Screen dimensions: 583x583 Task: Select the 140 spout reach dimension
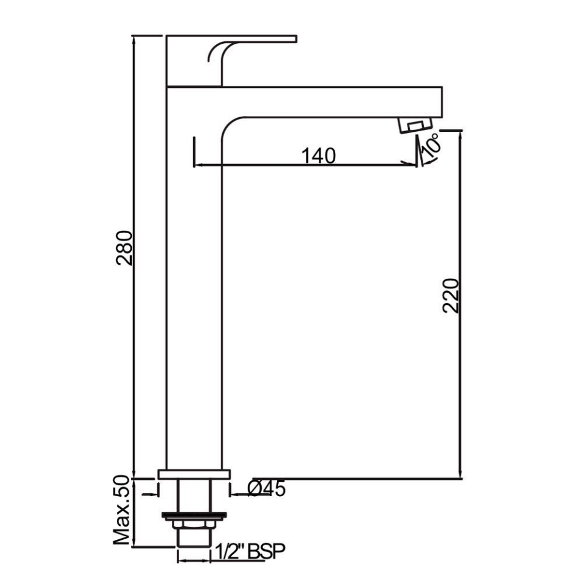[x=318, y=156]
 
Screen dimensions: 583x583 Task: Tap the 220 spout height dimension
[x=451, y=295]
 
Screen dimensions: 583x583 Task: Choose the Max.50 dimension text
[x=123, y=510]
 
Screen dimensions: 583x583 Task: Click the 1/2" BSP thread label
[x=250, y=551]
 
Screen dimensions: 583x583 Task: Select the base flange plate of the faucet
[x=194, y=474]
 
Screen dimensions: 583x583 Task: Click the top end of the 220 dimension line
[x=462, y=131]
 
